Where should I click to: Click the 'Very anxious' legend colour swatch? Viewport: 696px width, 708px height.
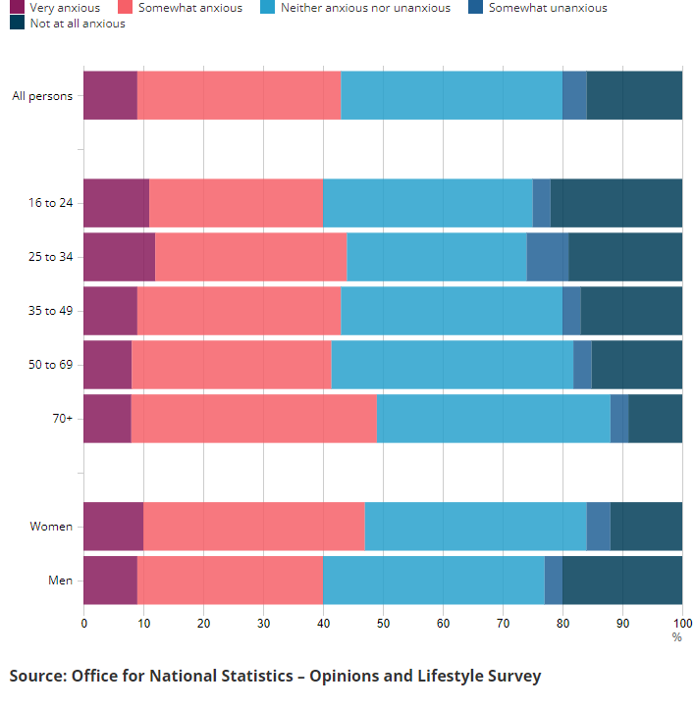tap(16, 8)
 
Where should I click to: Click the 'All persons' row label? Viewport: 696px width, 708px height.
tap(42, 95)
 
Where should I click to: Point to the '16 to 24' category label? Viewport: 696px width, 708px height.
tap(51, 203)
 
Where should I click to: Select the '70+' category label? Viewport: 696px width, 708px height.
tap(63, 419)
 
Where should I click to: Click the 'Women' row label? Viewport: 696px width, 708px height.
tap(51, 527)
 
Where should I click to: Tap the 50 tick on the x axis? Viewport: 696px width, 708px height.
tap(383, 623)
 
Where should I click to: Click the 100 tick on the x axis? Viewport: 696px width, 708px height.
tap(681, 623)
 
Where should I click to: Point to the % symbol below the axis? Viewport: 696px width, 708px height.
tap(676, 636)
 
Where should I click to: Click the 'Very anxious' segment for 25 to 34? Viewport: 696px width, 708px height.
tap(119, 257)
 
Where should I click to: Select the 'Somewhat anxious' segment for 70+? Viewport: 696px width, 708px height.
tap(253, 419)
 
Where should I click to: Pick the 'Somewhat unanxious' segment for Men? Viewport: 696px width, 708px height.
tap(554, 581)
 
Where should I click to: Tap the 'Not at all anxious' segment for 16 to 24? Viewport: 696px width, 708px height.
tap(616, 203)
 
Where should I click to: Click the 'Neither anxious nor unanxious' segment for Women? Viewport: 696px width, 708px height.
tap(475, 527)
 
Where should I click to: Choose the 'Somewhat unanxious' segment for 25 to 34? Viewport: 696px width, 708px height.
tap(548, 257)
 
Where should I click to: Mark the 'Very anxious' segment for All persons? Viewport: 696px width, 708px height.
tap(110, 95)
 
